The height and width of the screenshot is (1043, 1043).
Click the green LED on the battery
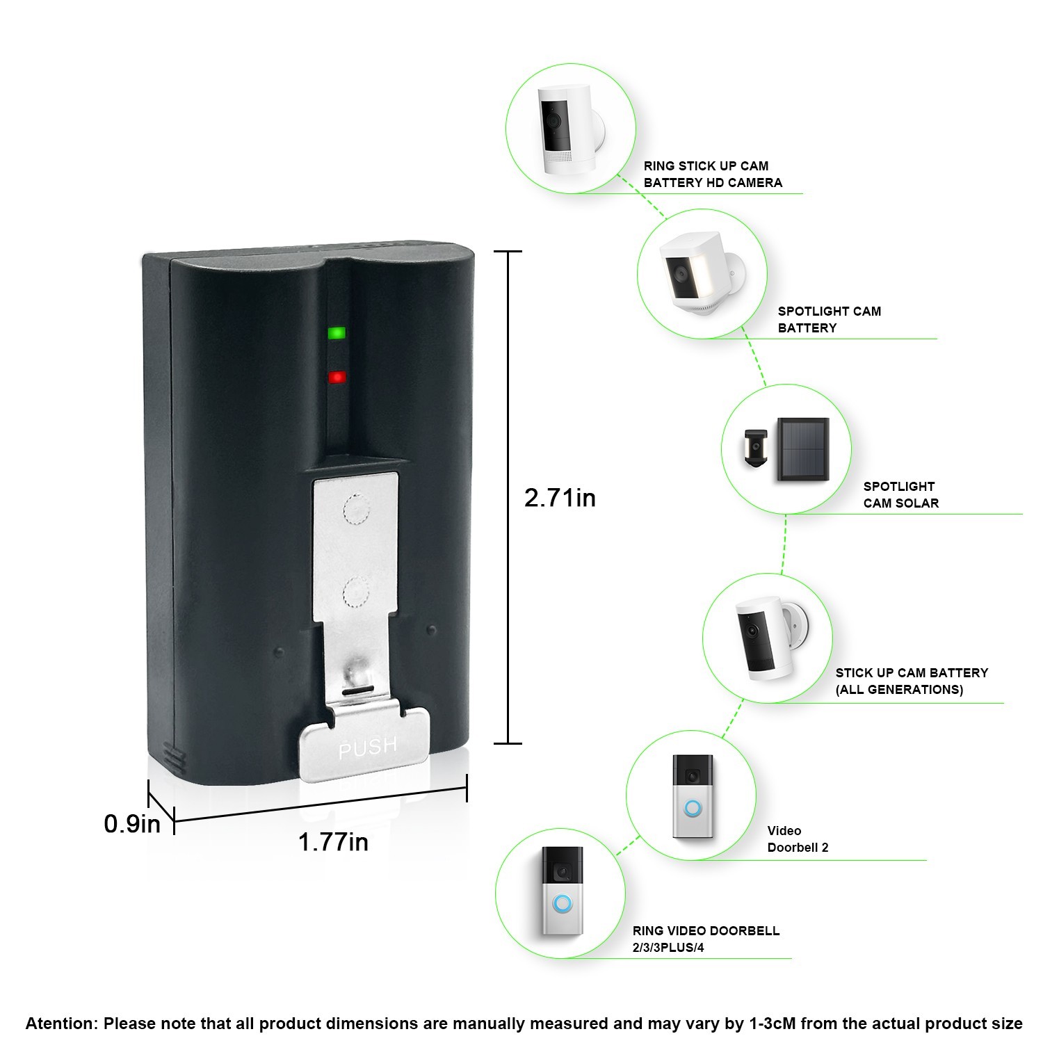point(337,333)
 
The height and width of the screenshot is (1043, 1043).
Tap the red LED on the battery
point(337,378)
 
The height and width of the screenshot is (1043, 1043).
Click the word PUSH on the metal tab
point(368,748)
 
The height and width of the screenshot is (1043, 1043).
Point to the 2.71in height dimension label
point(560,498)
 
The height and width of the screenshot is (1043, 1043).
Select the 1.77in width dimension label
point(333,842)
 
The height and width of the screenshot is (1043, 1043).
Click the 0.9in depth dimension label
point(132,824)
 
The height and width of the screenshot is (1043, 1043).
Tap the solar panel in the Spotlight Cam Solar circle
point(803,450)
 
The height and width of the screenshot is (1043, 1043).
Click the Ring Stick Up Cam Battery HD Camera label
point(713,175)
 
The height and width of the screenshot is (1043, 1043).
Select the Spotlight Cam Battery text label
point(829,320)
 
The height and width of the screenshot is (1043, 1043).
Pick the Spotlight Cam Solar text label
point(900,495)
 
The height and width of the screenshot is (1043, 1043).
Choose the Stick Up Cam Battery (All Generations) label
point(911,681)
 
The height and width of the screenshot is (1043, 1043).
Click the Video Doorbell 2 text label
point(797,839)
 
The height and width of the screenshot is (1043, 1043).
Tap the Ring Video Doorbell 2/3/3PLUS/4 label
point(706,939)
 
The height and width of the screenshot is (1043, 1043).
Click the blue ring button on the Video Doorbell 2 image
point(693,808)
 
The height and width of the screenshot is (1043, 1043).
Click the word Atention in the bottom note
point(60,1024)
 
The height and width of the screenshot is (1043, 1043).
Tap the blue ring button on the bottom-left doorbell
point(562,904)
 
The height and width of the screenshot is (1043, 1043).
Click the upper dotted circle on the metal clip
point(355,508)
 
